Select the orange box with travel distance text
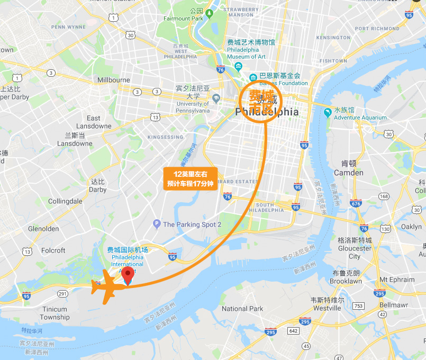[x=190, y=179]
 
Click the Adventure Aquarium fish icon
[x=328, y=112]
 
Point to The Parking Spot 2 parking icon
[x=157, y=224]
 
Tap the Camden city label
[x=348, y=173]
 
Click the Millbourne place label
[x=114, y=80]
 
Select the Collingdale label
[x=65, y=201]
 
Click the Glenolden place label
[x=43, y=229]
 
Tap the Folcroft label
[x=53, y=250]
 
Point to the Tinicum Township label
[x=54, y=313]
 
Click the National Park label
[x=242, y=309]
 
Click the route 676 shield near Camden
[x=356, y=204]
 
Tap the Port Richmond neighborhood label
[x=377, y=29]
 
